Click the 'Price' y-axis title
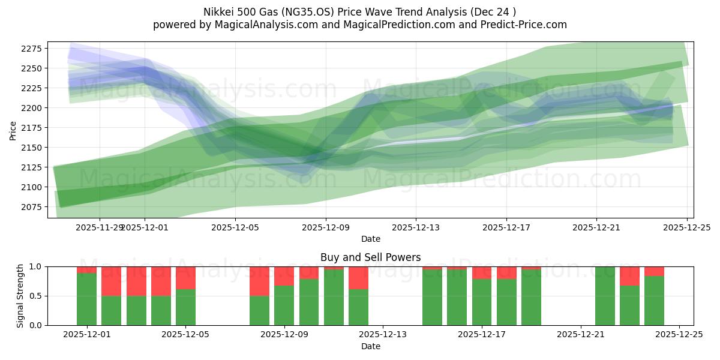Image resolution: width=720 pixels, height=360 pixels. [13, 130]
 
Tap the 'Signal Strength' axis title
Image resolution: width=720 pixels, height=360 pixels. [20, 295]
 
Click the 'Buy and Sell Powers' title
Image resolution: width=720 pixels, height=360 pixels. [370, 257]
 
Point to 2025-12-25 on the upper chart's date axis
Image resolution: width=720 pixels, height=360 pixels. [686, 227]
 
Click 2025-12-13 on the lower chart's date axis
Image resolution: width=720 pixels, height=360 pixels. [383, 335]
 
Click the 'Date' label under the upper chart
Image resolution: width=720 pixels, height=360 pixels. [370, 239]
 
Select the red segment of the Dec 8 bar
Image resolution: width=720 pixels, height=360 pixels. [259, 281]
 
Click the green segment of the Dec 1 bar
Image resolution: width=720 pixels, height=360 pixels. [86, 299]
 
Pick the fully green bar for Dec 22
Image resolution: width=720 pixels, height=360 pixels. [605, 296]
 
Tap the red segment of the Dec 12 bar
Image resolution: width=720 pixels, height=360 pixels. [358, 278]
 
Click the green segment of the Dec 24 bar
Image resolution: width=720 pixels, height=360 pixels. [654, 301]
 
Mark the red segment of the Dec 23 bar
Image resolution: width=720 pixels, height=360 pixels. [629, 276]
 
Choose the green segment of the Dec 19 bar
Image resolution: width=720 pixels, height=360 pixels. [531, 298]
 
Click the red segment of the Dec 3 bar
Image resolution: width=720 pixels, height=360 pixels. [136, 281]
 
